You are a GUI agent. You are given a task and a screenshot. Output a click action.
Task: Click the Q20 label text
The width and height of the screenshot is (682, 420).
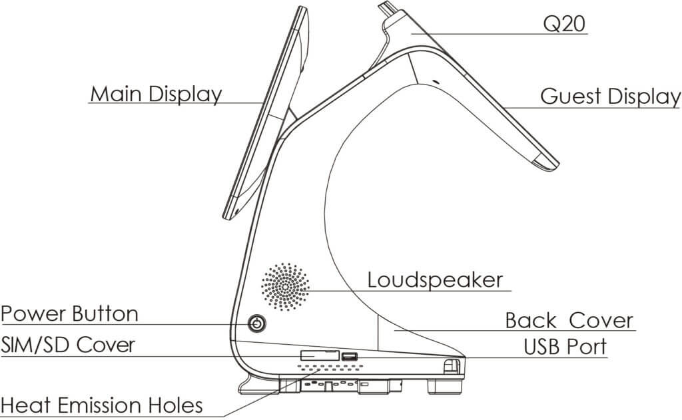[x=564, y=24]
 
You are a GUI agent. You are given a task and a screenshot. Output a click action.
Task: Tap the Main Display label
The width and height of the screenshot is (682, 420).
[x=156, y=94]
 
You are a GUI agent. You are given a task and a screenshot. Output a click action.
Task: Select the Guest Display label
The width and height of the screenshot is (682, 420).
[x=610, y=97]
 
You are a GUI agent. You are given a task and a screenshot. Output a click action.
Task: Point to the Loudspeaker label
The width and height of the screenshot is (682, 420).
[x=436, y=280]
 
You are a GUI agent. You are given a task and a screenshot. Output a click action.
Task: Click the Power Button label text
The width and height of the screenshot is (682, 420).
[x=70, y=314]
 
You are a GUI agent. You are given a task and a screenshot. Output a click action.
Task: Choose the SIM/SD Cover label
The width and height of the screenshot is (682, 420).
[x=69, y=345]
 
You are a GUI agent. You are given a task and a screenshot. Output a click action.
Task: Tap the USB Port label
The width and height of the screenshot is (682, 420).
[x=565, y=347]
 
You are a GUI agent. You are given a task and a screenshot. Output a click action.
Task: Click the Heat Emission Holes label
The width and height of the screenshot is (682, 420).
[x=102, y=405]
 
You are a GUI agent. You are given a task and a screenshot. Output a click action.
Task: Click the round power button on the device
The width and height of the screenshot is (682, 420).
[x=256, y=324]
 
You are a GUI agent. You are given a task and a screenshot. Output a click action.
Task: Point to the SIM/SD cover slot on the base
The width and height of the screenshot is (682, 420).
[x=319, y=355]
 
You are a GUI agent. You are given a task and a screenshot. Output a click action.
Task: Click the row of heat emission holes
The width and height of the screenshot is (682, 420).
[x=330, y=367]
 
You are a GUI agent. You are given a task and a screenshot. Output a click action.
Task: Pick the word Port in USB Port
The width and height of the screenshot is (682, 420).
[x=587, y=347]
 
